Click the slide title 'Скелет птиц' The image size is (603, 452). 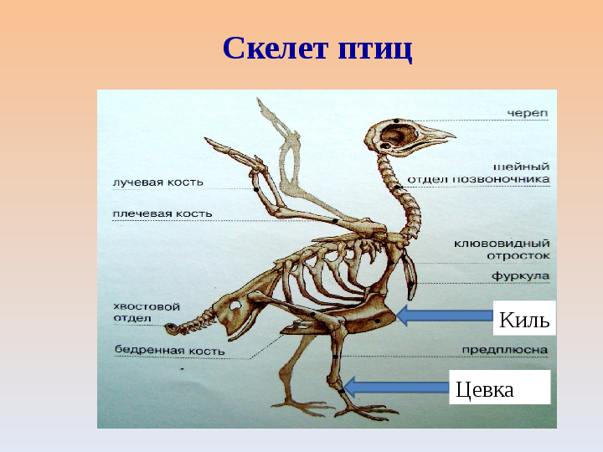(317, 49)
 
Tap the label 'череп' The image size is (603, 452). (528, 114)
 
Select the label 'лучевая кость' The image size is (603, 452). (157, 182)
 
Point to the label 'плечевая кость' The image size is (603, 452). (162, 213)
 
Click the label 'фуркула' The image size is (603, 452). (520, 276)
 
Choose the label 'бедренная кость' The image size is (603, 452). (169, 350)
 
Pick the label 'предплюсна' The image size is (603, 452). (504, 350)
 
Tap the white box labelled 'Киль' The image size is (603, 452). (524, 318)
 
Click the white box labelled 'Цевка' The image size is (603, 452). (499, 387)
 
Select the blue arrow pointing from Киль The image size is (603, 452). (444, 316)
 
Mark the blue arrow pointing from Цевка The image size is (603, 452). (396, 387)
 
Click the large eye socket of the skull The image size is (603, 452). (399, 136)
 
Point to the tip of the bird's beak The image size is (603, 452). (456, 136)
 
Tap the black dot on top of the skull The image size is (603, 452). (395, 121)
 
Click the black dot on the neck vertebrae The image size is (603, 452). (397, 187)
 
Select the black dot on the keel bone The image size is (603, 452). (377, 321)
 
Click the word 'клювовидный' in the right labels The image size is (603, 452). (502, 244)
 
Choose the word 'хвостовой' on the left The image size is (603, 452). (147, 306)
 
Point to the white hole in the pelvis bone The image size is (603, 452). (234, 306)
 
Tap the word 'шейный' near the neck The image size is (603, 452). (521, 167)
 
